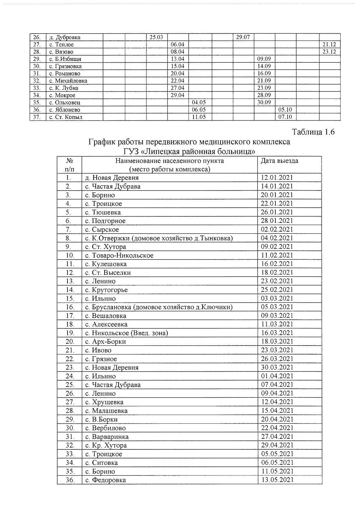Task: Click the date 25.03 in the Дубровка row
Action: (x=156, y=37)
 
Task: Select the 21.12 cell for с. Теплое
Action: (x=329, y=45)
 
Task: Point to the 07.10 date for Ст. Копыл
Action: (x=285, y=117)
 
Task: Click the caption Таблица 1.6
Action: (x=313, y=132)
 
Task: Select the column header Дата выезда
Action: (x=279, y=161)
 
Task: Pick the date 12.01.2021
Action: (x=277, y=178)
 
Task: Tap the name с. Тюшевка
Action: (x=103, y=213)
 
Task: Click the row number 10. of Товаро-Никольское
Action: (x=70, y=256)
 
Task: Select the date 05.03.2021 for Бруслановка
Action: (x=277, y=307)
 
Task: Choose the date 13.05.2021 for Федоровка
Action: (x=277, y=480)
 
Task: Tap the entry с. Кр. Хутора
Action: (x=106, y=445)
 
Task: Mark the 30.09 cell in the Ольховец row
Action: (x=264, y=103)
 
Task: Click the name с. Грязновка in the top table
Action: (x=65, y=66)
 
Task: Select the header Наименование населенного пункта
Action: (x=169, y=161)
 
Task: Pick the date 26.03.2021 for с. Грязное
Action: (x=277, y=359)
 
